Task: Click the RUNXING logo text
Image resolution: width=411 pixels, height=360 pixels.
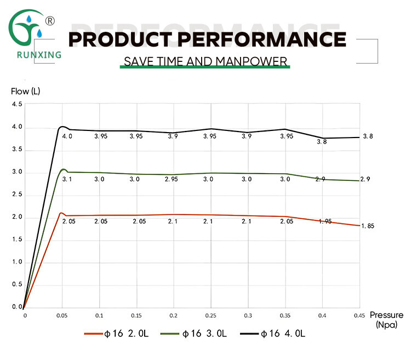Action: (35, 54)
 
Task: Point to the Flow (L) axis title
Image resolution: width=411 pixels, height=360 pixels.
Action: (26, 91)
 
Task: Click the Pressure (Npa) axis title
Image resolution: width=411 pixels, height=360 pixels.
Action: (386, 319)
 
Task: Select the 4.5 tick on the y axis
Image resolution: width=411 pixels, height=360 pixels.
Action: (17, 104)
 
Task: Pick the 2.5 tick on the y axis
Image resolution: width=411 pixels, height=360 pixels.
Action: (17, 195)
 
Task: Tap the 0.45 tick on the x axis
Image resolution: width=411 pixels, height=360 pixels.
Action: (359, 316)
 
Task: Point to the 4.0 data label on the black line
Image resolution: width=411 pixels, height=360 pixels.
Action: (67, 136)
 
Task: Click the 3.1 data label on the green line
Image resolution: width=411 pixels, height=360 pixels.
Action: (67, 179)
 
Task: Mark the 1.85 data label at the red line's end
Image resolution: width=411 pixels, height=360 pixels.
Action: (368, 226)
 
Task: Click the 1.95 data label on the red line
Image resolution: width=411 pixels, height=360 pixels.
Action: (326, 221)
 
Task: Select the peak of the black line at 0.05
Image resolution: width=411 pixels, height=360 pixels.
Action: (62, 127)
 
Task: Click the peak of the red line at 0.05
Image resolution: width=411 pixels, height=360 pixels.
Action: (61, 213)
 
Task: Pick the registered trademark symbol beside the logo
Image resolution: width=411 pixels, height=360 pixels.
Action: (49, 21)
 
